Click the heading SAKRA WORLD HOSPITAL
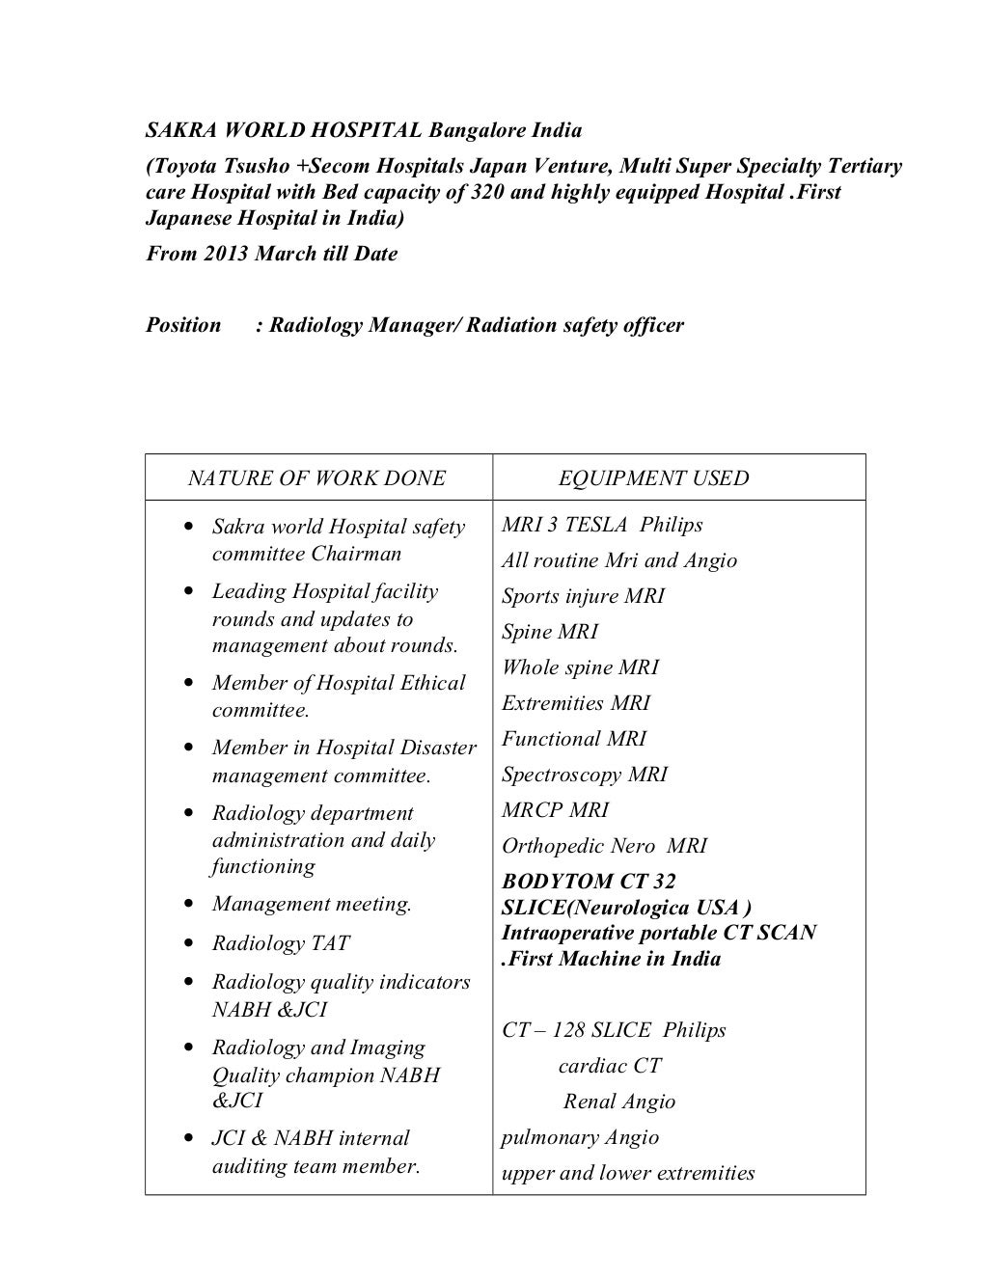click(x=284, y=130)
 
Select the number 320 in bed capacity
click(x=488, y=192)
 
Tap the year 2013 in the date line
click(x=226, y=255)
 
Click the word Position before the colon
click(x=183, y=325)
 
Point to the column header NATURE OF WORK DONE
click(x=316, y=478)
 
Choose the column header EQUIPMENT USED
click(x=653, y=478)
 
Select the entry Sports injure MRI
click(x=582, y=597)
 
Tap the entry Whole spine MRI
click(x=580, y=668)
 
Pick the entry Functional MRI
click(x=573, y=740)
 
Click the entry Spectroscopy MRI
click(x=584, y=776)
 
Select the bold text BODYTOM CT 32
click(x=589, y=882)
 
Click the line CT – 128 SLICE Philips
click(x=613, y=1031)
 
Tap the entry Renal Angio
click(x=618, y=1102)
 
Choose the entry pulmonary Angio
click(x=579, y=1138)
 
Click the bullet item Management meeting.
click(x=312, y=905)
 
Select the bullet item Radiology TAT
click(x=281, y=944)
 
